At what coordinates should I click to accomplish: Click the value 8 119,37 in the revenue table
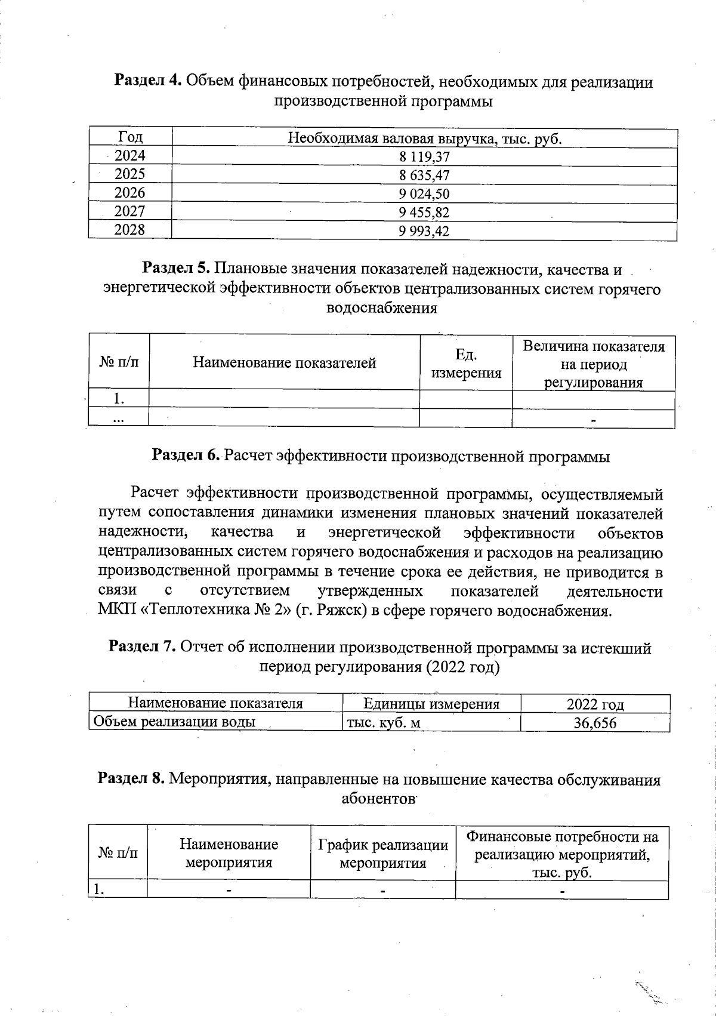(424, 157)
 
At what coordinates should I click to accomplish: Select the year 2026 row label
(129, 193)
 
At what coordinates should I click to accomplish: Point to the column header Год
(130, 137)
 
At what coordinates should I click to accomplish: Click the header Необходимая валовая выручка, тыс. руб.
(425, 138)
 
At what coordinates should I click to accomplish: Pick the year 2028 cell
(129, 230)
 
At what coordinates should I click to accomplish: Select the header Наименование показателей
(284, 363)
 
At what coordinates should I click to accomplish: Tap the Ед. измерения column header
(465, 364)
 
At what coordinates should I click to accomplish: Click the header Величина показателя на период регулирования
(593, 364)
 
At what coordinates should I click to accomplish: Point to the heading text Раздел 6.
(186, 456)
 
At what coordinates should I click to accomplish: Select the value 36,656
(594, 723)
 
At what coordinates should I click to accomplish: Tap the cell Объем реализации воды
(175, 722)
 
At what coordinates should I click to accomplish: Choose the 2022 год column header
(594, 704)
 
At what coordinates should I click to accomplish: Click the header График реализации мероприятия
(382, 854)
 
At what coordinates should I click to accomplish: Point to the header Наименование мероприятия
(229, 853)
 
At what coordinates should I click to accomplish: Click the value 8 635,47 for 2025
(424, 176)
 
